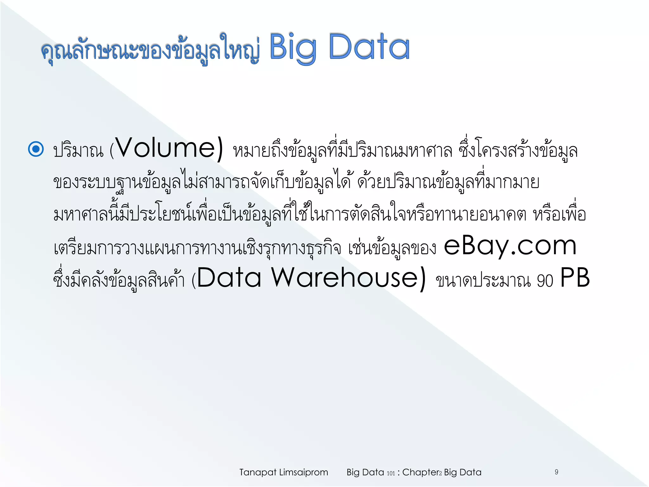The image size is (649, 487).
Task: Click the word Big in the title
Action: (292, 48)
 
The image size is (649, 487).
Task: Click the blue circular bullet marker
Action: (36, 149)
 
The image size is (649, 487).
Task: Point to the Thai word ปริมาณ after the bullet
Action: (78, 151)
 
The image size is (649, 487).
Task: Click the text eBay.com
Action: (510, 246)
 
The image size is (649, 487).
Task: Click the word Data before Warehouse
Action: (229, 278)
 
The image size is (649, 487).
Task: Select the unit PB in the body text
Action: (575, 278)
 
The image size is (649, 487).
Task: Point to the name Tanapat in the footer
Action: (258, 472)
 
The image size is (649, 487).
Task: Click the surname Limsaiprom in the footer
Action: (303, 472)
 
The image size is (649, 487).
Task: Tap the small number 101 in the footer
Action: (391, 473)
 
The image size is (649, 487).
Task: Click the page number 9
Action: (556, 472)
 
